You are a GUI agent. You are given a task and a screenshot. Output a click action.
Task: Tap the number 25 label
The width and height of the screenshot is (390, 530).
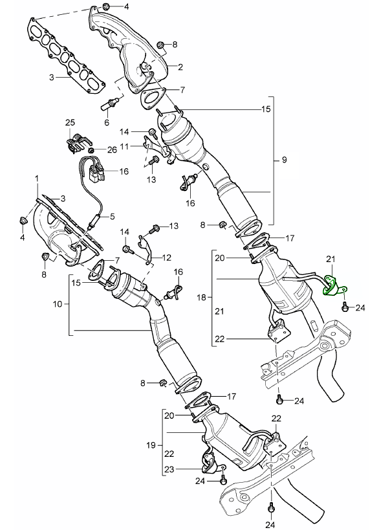(70, 122)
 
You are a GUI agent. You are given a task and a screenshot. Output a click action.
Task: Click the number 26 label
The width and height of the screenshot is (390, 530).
(112, 149)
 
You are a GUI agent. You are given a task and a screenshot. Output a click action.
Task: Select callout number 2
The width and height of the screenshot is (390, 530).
(180, 67)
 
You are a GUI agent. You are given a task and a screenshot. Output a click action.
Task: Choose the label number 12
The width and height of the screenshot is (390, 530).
(166, 257)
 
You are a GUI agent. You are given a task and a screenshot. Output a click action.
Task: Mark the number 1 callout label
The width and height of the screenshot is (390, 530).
(36, 178)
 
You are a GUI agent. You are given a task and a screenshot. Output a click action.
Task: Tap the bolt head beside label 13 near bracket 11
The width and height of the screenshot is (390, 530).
(156, 159)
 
